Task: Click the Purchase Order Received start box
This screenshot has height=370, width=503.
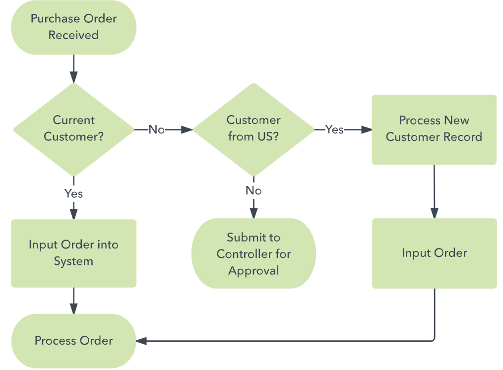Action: click(73, 27)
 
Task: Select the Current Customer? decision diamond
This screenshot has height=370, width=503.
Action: click(73, 129)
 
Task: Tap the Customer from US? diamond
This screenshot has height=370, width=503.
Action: click(253, 129)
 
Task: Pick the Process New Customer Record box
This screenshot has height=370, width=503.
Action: click(434, 129)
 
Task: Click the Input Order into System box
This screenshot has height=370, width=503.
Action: click(73, 253)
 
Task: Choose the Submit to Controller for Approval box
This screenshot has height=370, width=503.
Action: click(253, 253)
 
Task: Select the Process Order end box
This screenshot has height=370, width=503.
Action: click(73, 341)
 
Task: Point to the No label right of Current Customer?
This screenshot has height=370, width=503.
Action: click(156, 130)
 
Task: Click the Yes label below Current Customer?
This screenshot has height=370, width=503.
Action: click(73, 193)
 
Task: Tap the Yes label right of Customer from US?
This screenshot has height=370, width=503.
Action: click(334, 129)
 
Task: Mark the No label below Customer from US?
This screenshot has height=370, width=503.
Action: click(253, 191)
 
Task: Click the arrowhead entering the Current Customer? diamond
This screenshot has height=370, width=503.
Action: click(73, 77)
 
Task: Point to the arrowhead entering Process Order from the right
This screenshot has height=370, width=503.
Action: click(141, 341)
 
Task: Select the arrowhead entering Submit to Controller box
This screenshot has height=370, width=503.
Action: click(253, 213)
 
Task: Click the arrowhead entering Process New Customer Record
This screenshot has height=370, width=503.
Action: click(367, 129)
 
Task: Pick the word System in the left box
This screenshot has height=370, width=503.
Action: click(73, 261)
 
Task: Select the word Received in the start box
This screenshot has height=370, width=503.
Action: click(73, 35)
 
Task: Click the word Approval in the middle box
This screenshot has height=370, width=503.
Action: click(253, 271)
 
